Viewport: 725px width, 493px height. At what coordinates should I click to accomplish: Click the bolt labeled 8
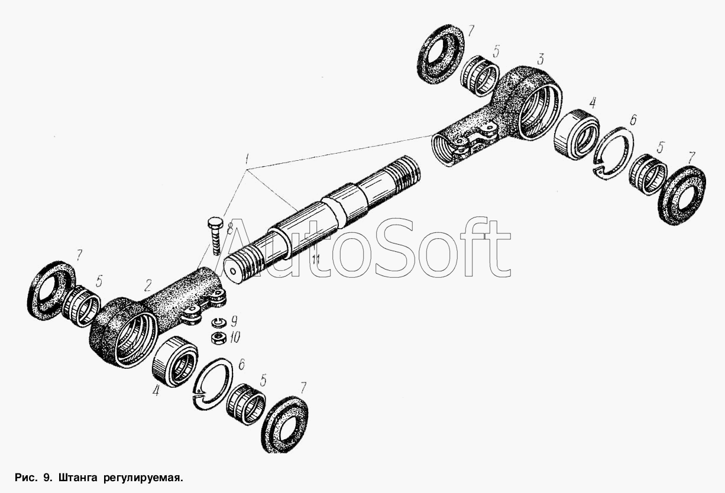[x=215, y=236]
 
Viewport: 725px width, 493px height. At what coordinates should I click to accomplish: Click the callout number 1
[x=247, y=159]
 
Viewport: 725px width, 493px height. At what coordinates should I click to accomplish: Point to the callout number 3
[x=539, y=60]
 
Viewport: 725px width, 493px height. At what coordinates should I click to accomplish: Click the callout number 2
[x=148, y=286]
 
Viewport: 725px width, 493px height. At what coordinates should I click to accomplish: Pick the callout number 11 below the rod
[x=316, y=259]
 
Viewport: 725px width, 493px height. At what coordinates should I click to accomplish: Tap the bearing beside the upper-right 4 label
[x=577, y=134]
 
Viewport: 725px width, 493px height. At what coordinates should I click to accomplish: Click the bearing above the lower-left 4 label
[x=175, y=362]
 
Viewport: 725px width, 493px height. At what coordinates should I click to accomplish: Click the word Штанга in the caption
[x=77, y=478]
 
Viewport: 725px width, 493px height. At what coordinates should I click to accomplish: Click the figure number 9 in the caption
[x=46, y=478]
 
